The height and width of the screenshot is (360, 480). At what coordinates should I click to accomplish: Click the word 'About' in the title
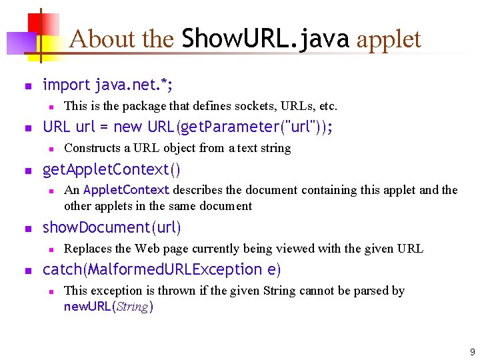[91, 39]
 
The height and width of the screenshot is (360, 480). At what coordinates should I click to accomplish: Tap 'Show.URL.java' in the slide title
[265, 39]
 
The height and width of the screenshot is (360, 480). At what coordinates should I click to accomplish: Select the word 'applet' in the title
[389, 39]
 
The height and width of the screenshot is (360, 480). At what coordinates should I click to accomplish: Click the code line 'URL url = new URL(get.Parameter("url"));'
[188, 127]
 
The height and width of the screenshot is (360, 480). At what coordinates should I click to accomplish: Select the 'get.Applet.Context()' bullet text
[111, 169]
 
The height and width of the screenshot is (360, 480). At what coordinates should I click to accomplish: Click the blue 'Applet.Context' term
[127, 190]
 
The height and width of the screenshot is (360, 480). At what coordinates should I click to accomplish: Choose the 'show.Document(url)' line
[111, 227]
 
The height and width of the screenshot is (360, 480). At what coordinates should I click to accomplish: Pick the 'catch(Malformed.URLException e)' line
[162, 269]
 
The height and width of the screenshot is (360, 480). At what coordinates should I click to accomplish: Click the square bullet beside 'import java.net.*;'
[27, 85]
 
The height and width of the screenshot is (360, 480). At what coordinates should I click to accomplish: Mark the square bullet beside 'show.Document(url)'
[27, 228]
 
